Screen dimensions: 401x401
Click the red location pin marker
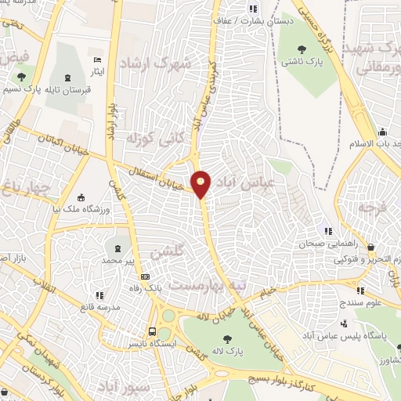201,184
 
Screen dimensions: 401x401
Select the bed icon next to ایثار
96,60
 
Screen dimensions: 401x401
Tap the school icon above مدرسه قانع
99,294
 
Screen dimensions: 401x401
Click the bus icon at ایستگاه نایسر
153,331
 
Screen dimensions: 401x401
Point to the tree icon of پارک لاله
227,338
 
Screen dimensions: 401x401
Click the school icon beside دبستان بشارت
251,9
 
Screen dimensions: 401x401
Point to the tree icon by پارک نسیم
20,77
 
